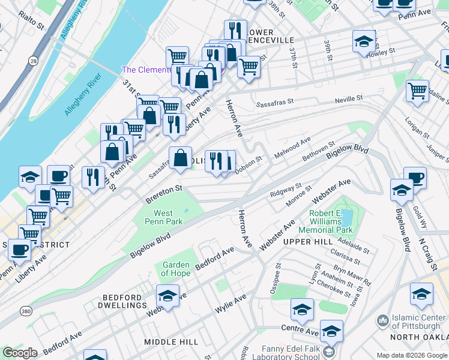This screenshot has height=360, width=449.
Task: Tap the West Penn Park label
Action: point(163,217)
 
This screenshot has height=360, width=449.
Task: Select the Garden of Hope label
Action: point(176,269)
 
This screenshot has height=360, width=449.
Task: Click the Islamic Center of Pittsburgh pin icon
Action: point(382,322)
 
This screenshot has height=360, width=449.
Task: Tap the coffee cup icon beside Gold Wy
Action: point(415,178)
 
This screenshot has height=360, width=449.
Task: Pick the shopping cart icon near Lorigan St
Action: point(417,91)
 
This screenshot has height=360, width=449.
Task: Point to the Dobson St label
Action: point(249,164)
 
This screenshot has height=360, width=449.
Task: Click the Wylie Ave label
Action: point(231,304)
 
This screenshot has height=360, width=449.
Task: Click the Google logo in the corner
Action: point(20,353)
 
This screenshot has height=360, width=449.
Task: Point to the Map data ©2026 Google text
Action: point(411,355)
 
